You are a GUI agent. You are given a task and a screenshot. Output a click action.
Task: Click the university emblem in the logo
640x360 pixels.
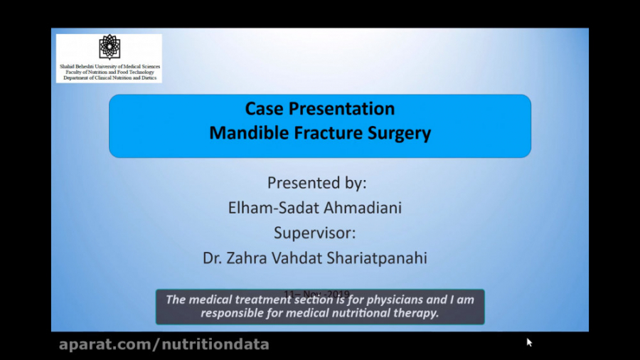point(109,48)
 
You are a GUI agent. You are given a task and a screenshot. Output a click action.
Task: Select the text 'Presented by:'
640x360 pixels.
point(317,183)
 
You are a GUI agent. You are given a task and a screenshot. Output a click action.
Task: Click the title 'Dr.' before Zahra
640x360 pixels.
point(214,258)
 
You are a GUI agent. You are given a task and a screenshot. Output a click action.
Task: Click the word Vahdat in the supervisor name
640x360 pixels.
point(293,258)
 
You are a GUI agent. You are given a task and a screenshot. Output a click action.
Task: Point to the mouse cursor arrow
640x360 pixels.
point(529,342)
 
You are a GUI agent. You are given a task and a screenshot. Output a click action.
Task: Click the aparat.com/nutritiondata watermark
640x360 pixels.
point(164,345)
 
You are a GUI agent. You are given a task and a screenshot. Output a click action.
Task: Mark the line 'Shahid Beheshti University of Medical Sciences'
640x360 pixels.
point(110,66)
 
